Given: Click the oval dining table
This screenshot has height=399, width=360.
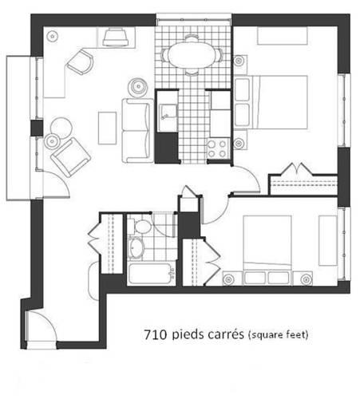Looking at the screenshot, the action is (192, 55).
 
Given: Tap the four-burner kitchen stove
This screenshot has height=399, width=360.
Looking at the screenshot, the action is (218, 148).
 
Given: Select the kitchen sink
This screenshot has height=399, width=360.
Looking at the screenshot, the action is (168, 113).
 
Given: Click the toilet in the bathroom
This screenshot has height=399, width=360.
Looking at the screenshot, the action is (140, 227).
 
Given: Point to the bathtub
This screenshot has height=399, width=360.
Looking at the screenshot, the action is (151, 274).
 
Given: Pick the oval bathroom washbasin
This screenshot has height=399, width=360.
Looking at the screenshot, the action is (136, 247).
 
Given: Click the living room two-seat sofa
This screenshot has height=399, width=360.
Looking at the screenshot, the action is (137, 131).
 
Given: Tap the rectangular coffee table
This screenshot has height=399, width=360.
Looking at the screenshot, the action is (107, 128).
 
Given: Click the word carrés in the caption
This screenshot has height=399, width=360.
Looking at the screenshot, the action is (226, 334).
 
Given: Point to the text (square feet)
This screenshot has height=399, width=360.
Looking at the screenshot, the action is (278, 334).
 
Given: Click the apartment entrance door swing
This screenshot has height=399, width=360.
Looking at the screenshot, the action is (43, 326).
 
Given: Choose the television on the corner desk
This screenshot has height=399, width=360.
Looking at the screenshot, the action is (116, 38).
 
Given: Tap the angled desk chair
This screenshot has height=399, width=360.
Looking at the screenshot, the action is (81, 62).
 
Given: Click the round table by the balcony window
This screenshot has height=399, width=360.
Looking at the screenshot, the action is (61, 128).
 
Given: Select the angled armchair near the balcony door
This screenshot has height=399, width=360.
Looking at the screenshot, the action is (71, 157).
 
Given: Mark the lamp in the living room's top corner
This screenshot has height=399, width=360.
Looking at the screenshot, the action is (53, 36).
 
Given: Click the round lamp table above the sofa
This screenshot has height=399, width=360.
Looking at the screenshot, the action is (138, 87).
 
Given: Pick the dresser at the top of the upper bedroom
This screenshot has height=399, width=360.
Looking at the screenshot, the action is (283, 36).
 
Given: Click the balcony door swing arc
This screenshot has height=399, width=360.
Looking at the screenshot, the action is (61, 180).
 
